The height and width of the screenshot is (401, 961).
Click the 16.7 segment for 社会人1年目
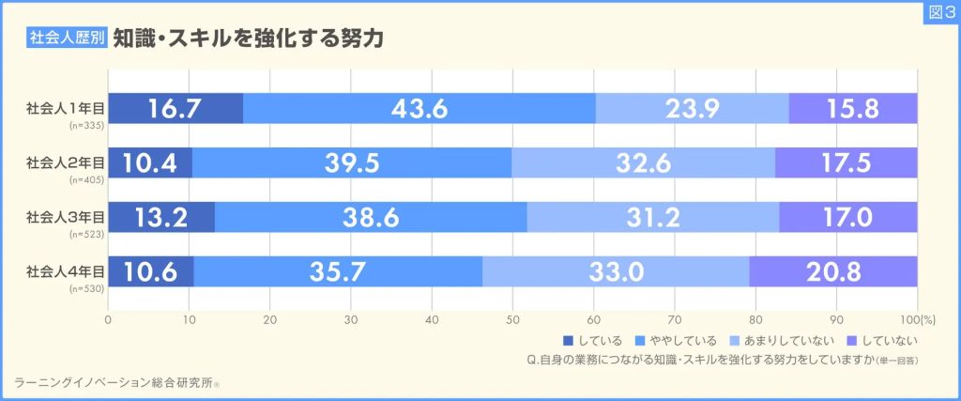[175, 108]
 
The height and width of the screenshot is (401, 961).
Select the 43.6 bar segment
[419, 108]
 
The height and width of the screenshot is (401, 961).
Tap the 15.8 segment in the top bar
[853, 108]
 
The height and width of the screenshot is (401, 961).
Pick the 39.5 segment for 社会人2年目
[352, 162]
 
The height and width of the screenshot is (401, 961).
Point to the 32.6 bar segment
[643, 162]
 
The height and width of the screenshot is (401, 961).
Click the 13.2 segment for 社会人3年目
[161, 217]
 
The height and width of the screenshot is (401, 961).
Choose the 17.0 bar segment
[847, 217]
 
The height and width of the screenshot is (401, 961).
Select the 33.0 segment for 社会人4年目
[616, 271]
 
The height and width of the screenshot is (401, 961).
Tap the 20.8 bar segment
[833, 271]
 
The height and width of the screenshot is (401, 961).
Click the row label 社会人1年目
[66, 108]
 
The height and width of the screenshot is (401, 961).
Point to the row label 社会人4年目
[66, 271]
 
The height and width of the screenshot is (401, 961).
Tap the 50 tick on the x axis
[512, 319]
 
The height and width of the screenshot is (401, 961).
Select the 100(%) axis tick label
[908, 319]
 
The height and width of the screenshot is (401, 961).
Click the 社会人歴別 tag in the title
[66, 39]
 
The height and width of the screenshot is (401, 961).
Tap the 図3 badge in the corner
[938, 13]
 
